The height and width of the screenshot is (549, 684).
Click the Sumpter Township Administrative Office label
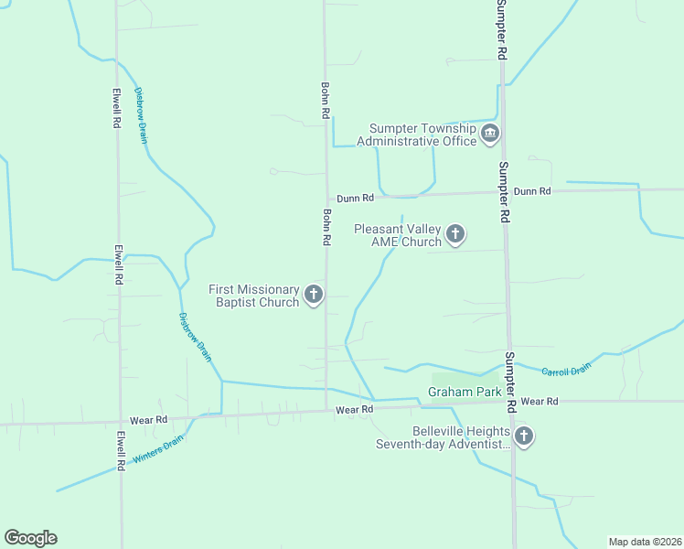422,135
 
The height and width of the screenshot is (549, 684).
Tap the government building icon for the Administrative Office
490,135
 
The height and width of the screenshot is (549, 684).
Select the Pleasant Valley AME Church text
398,235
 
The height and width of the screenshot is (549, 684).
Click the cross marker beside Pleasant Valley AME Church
454,235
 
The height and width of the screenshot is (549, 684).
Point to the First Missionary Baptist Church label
255,296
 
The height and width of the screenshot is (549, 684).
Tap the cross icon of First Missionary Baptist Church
314,295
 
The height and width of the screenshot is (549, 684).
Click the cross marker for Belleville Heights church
523,436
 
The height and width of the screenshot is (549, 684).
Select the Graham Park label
464,393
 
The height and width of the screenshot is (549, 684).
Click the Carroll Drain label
566,369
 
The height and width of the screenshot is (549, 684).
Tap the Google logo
30,538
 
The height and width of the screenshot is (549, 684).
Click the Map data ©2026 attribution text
646,542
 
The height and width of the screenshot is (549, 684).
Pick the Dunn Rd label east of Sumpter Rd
532,191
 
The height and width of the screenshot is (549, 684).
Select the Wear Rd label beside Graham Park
540,402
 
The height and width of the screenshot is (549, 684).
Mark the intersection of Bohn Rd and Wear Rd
326,411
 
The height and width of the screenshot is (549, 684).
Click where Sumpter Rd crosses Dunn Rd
504,192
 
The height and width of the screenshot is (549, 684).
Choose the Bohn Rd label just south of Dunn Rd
326,227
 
